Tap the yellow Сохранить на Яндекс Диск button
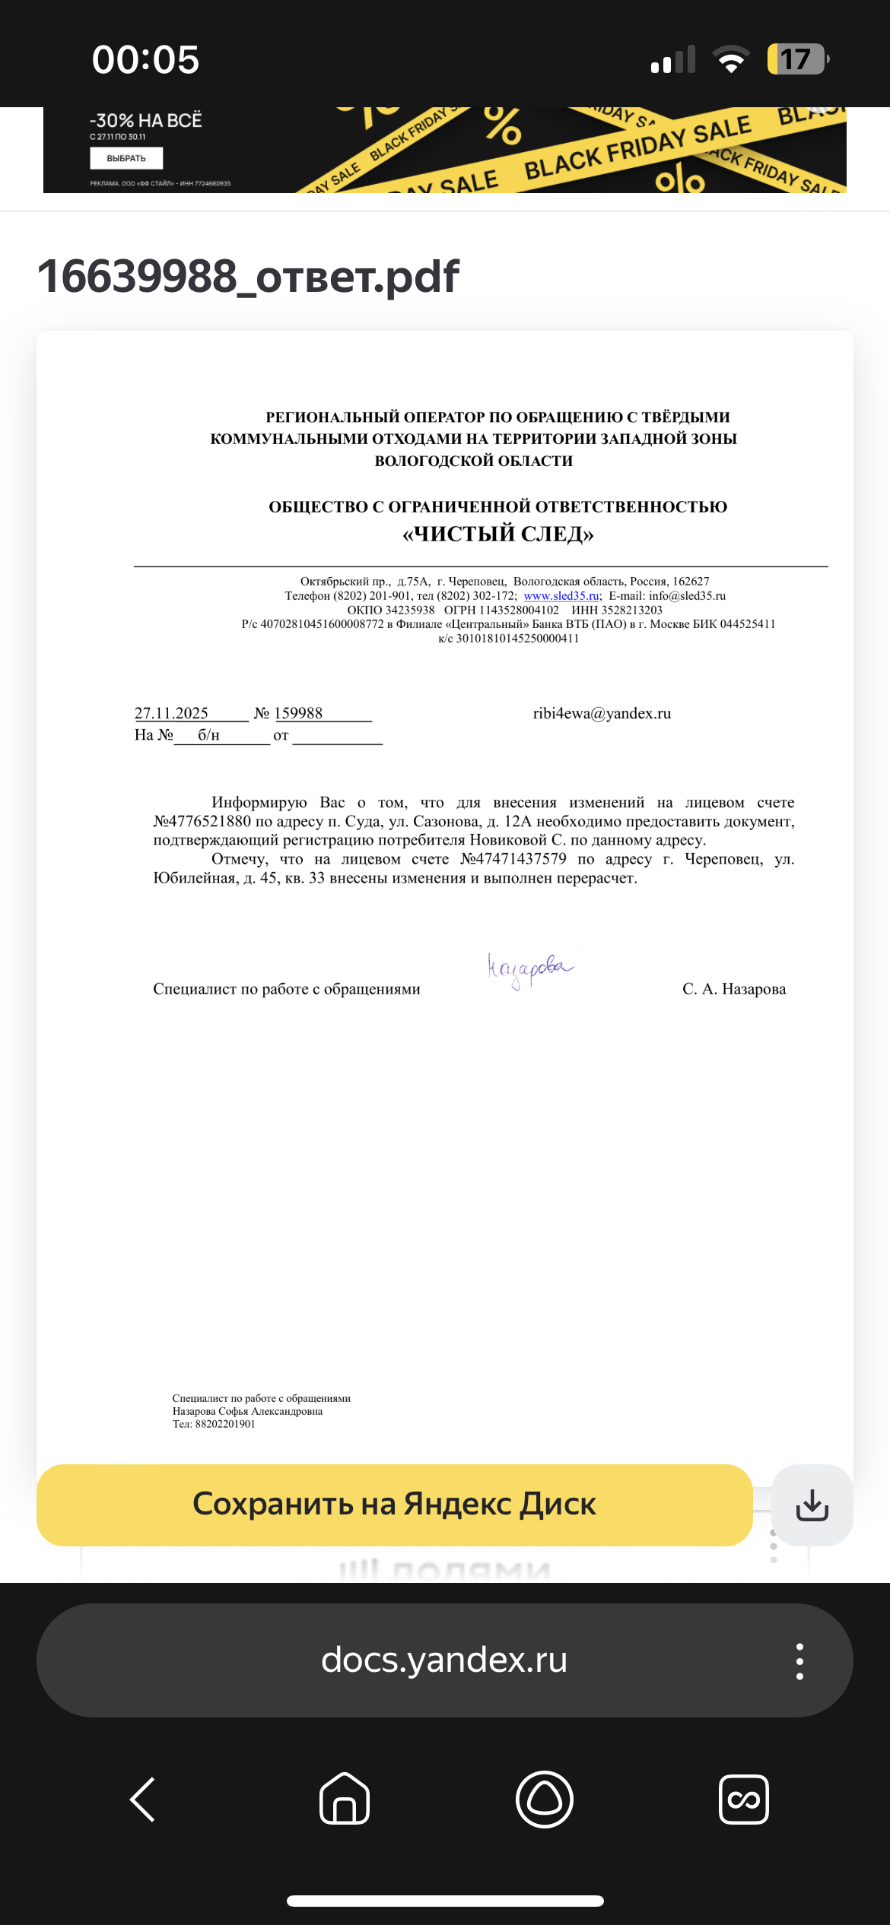click(x=394, y=1505)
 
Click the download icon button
click(x=812, y=1505)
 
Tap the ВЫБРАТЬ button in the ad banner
click(x=126, y=158)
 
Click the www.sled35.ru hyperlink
click(x=561, y=596)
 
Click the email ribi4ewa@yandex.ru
click(x=602, y=713)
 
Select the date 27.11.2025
click(x=171, y=713)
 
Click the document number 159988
click(x=298, y=713)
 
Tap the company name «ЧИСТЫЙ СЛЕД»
click(x=498, y=534)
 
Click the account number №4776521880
click(x=202, y=821)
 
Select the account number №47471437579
click(x=513, y=859)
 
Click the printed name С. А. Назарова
click(x=734, y=989)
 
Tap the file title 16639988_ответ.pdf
click(x=248, y=276)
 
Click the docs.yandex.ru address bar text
click(x=444, y=1660)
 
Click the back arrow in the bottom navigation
click(x=143, y=1800)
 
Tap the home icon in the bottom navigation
click(x=345, y=1800)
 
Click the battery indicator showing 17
click(x=796, y=59)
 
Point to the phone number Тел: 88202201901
click(x=214, y=1424)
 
